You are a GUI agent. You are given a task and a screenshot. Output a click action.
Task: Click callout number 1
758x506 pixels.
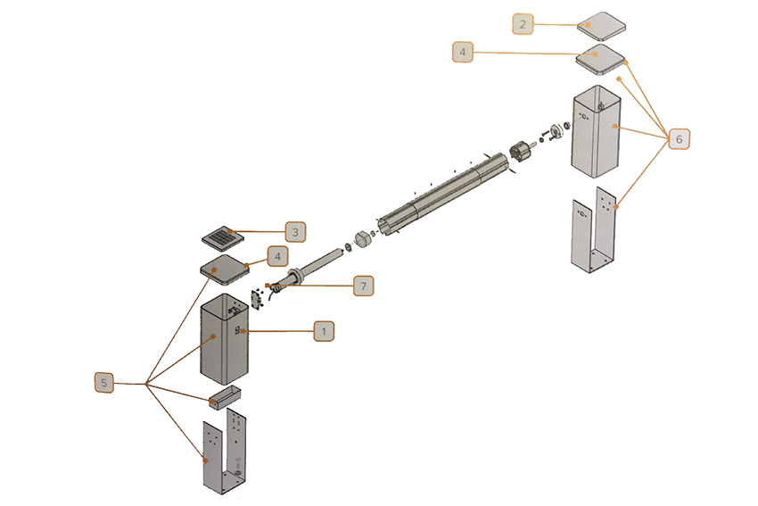click(x=324, y=331)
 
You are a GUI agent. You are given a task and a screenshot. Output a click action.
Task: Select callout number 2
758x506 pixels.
click(x=523, y=24)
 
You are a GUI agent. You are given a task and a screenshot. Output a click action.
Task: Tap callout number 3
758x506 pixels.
click(x=295, y=232)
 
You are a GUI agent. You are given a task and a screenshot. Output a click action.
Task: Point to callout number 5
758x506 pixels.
click(x=104, y=383)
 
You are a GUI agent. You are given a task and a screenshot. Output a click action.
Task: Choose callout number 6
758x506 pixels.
click(x=679, y=139)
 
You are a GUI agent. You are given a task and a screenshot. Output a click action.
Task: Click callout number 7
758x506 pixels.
click(x=363, y=286)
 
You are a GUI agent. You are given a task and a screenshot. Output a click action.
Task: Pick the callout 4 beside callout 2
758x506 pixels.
click(x=463, y=52)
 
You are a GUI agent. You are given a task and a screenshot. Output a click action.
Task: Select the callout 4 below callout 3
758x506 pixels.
click(x=277, y=256)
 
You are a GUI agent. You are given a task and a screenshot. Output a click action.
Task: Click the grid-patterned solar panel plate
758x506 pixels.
click(x=223, y=238)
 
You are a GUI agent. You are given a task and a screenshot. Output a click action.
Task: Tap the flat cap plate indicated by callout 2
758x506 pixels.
click(x=601, y=26)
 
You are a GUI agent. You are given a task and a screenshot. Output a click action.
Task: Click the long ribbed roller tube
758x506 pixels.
click(x=443, y=195)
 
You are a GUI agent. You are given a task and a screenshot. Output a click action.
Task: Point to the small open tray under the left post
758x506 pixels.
click(x=225, y=397)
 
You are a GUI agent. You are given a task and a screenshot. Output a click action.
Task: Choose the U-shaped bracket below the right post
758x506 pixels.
click(x=594, y=230)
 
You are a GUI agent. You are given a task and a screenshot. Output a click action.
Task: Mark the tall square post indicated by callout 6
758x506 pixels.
click(x=596, y=131)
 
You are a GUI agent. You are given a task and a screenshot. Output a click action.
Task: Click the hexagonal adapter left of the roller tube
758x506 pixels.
click(x=363, y=238)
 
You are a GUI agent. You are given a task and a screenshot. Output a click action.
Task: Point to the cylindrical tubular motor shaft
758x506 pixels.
click(x=315, y=266)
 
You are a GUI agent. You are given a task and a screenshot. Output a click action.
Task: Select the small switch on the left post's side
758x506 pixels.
click(x=238, y=330)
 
